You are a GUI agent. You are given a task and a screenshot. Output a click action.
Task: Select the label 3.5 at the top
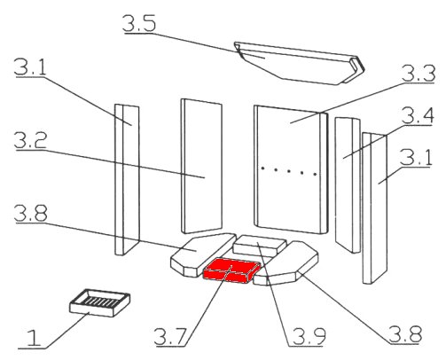tap(139, 23)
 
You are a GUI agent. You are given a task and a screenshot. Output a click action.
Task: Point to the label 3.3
tap(419, 74)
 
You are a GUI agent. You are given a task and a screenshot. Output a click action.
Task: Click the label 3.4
tap(419, 115)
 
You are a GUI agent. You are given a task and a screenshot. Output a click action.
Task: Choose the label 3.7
tap(170, 336)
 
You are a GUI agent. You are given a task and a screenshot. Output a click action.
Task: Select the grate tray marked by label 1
tap(99, 302)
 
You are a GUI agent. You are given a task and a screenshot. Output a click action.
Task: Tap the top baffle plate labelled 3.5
tap(299, 63)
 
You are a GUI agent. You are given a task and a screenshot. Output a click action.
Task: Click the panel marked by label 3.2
tap(201, 166)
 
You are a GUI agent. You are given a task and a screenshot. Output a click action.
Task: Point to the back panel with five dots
tap(291, 169)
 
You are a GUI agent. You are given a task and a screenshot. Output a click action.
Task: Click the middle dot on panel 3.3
tap(289, 171)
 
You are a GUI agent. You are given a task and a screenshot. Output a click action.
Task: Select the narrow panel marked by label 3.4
tap(348, 185)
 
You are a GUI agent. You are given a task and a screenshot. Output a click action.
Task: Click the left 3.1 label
tap(30, 67)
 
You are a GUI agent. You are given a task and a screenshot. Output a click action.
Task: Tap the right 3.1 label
tap(416, 157)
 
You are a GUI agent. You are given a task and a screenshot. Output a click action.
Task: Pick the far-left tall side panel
tap(127, 180)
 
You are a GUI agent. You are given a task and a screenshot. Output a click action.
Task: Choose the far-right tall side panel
tap(375, 208)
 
